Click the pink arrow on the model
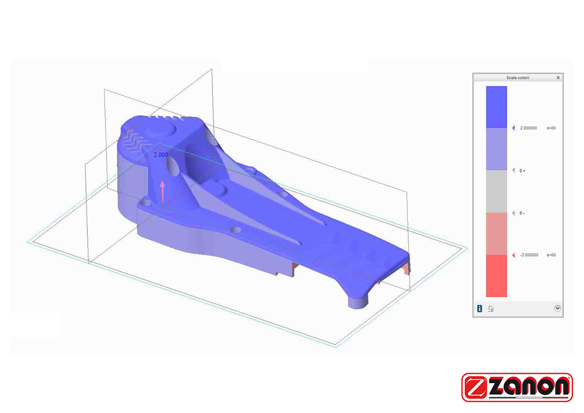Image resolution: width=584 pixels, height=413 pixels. click(x=162, y=191)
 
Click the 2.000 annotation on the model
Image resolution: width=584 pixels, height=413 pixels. click(x=161, y=155)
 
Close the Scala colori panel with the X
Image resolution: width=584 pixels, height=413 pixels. click(x=558, y=77)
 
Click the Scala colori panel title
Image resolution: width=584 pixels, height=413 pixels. click(x=517, y=77)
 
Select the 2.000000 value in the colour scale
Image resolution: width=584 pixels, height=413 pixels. click(x=528, y=128)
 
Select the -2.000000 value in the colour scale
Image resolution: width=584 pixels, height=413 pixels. click(x=529, y=255)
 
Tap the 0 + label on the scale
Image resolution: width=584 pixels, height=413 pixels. click(x=522, y=171)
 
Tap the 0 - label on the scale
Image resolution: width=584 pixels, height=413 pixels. click(x=522, y=213)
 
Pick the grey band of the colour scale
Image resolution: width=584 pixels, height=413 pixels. click(x=497, y=191)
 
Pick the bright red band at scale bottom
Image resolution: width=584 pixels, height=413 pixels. click(x=497, y=276)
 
